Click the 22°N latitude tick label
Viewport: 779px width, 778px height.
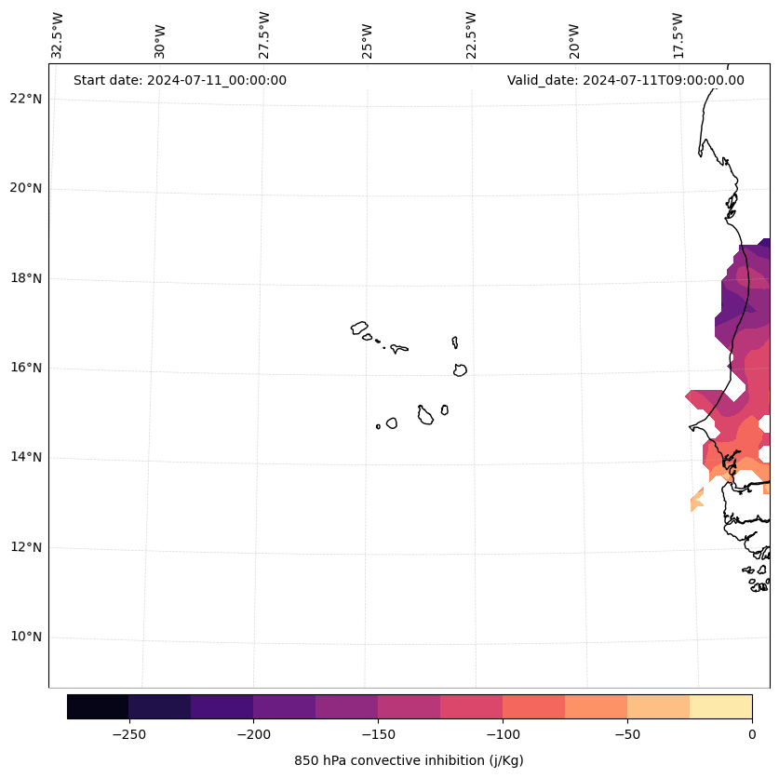coord(24,99)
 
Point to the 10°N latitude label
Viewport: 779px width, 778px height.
coord(24,637)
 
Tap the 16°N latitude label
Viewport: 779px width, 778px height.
coord(24,368)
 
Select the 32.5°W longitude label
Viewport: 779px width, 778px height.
coord(58,35)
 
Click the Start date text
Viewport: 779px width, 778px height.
coord(180,80)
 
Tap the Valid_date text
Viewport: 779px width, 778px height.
coord(625,80)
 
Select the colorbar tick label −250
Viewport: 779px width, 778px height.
coord(128,734)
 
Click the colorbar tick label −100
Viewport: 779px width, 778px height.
coord(503,734)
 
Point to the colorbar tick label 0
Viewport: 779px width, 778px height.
coord(752,734)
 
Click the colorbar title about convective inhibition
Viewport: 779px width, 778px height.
coord(409,760)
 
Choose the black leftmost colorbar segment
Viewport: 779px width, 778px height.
coord(98,706)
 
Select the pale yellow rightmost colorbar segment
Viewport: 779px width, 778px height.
coord(720,706)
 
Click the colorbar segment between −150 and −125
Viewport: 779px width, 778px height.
coord(409,706)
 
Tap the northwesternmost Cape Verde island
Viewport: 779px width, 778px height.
coord(359,328)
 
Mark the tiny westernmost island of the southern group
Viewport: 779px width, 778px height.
coord(378,426)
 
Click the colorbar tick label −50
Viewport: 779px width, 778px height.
coord(627,734)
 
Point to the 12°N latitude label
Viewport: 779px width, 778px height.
coord(24,547)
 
